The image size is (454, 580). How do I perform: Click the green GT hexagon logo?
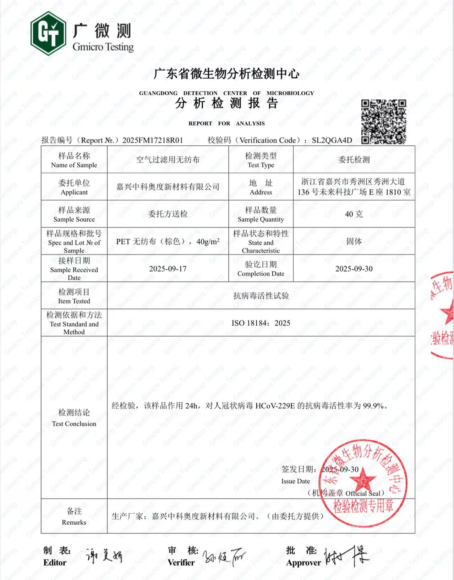tap(48, 33)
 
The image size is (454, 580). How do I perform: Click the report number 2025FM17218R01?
tap(153, 140)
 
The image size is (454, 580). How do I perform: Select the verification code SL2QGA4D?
tap(332, 140)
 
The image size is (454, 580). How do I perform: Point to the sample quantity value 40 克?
tap(354, 214)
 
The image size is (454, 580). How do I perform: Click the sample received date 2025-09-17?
tap(168, 269)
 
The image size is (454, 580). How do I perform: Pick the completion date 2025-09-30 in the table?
tap(354, 269)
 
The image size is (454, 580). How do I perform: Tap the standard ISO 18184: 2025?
tap(261, 323)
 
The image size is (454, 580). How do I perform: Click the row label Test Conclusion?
tap(74, 424)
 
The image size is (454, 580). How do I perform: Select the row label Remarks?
tap(74, 522)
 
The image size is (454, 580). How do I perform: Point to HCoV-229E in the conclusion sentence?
tap(275, 406)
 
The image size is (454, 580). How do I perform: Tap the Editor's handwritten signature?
tap(104, 556)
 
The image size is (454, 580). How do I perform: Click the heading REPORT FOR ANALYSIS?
tap(226, 123)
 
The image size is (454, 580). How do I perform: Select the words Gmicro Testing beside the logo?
tap(103, 47)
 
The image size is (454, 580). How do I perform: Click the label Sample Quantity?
tap(261, 219)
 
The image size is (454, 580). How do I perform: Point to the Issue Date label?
tap(295, 481)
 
